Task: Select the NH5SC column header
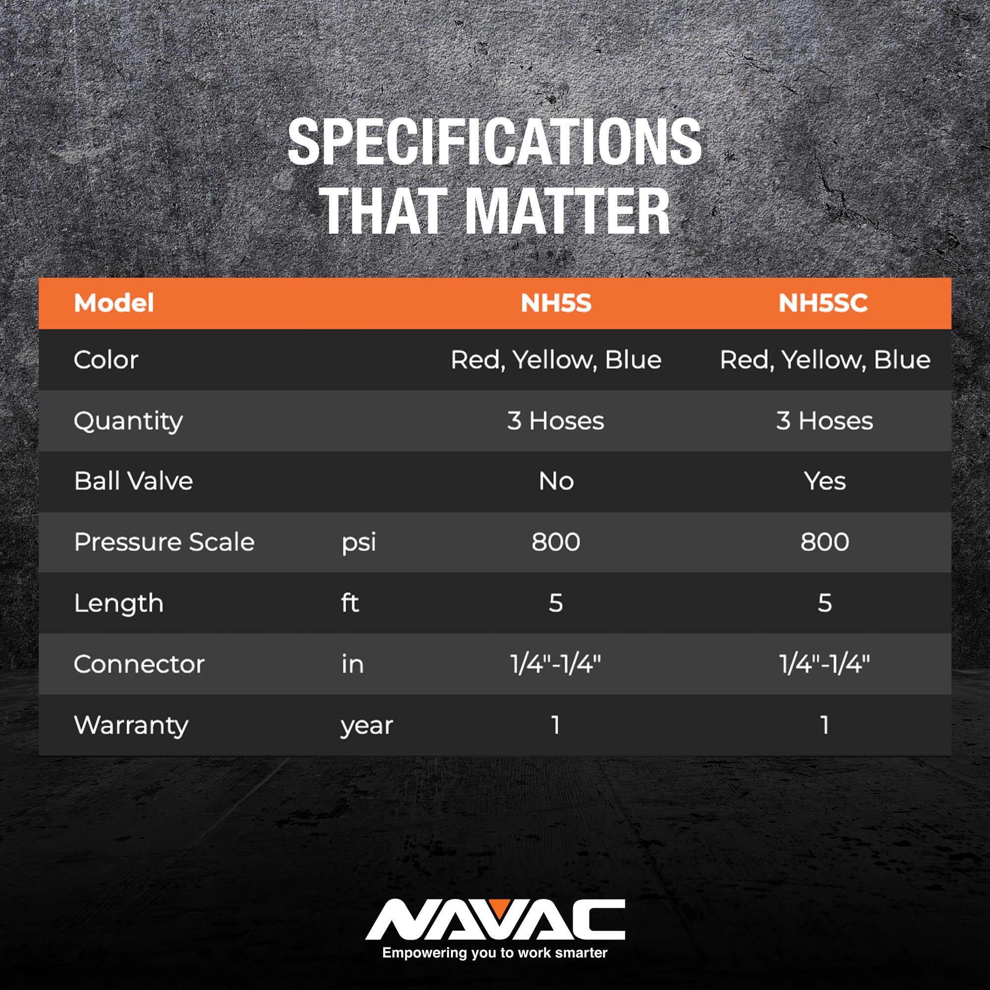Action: point(823,303)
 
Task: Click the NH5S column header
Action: point(556,303)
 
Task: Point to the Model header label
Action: point(114,303)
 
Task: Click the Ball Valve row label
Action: point(133,481)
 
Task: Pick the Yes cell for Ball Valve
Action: point(825,481)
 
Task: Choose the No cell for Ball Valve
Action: point(556,481)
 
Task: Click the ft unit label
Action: point(350,602)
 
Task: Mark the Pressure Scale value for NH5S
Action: point(556,542)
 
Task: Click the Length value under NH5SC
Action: point(825,602)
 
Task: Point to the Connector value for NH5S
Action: point(556,664)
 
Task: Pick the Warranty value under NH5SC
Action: point(825,725)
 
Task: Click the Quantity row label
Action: point(128,422)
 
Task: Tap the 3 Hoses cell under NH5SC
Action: point(825,421)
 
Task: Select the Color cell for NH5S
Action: point(556,360)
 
